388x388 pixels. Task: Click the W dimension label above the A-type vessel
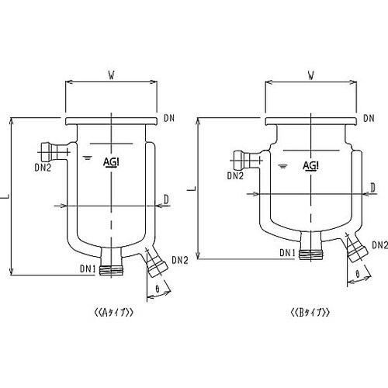click(111, 75)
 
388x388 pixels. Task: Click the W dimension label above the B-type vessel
click(311, 75)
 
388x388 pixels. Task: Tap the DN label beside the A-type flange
click(169, 118)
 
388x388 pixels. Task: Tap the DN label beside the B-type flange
click(369, 118)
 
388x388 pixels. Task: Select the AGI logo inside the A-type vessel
click(111, 162)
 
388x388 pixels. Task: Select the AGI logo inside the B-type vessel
click(310, 165)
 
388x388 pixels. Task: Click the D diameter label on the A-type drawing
click(166, 199)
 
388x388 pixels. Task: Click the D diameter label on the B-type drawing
click(372, 188)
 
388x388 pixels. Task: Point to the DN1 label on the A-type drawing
click(88, 269)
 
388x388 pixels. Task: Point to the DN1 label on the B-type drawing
click(287, 253)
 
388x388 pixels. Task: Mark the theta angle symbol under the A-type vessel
click(158, 289)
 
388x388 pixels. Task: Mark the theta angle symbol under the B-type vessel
click(358, 274)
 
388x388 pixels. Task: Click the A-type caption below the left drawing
click(114, 313)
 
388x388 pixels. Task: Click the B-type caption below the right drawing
click(310, 313)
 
